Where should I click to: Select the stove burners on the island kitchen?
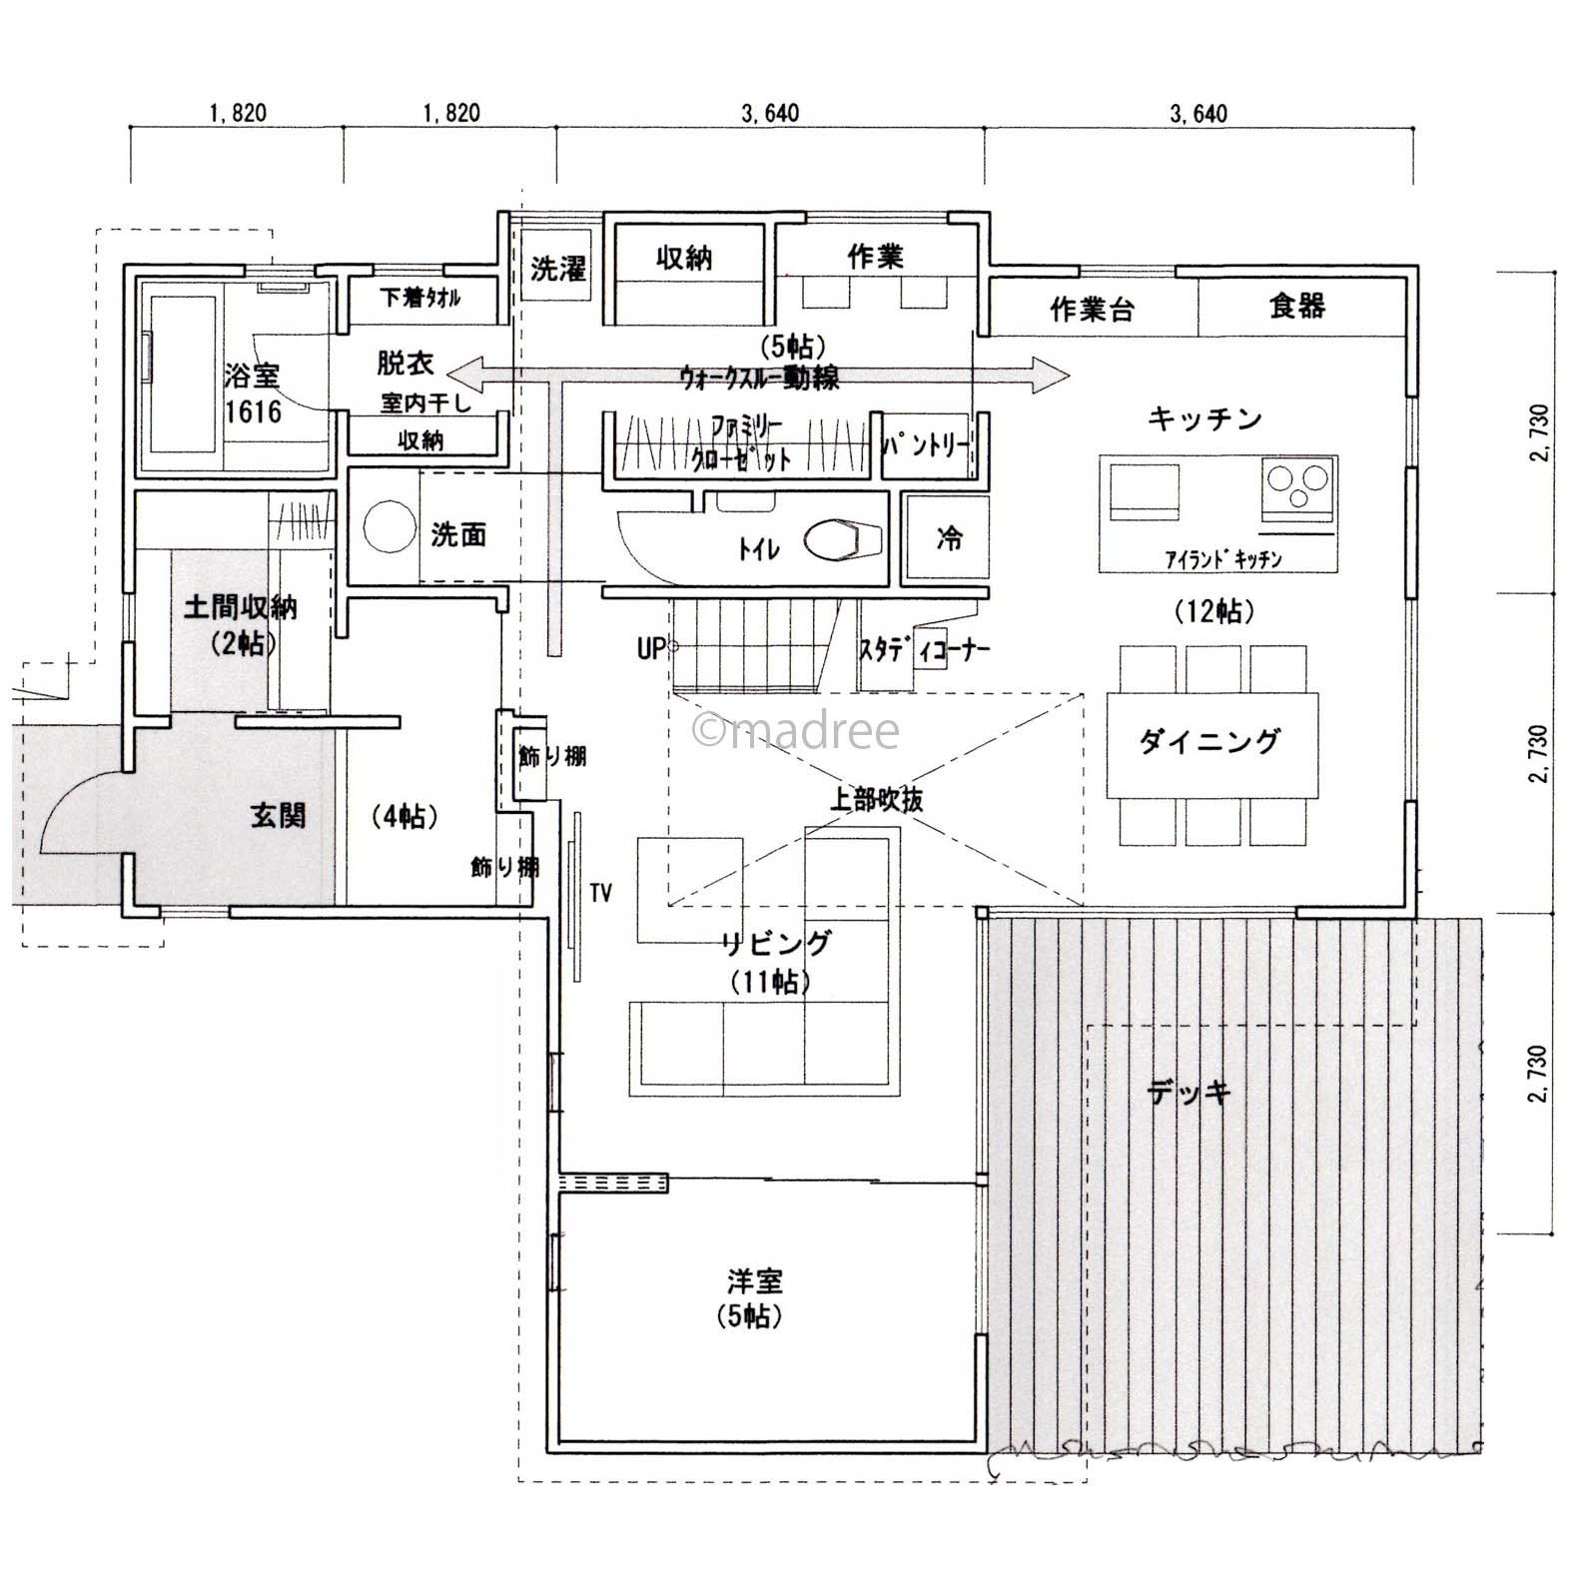(x=1297, y=488)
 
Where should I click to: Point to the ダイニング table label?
(x=1209, y=742)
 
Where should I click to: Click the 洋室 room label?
(x=755, y=1280)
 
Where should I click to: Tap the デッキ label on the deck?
(x=1189, y=1092)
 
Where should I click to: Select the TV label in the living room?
(x=600, y=893)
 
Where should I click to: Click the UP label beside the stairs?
(x=650, y=650)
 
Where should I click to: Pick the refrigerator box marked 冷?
(x=948, y=539)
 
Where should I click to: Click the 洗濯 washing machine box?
(x=557, y=268)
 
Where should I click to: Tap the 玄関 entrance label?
(x=278, y=816)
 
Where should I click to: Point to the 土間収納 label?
(x=241, y=606)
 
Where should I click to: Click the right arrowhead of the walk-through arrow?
(x=1054, y=376)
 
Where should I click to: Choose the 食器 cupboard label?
(x=1297, y=307)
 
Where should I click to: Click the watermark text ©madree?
(x=796, y=731)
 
